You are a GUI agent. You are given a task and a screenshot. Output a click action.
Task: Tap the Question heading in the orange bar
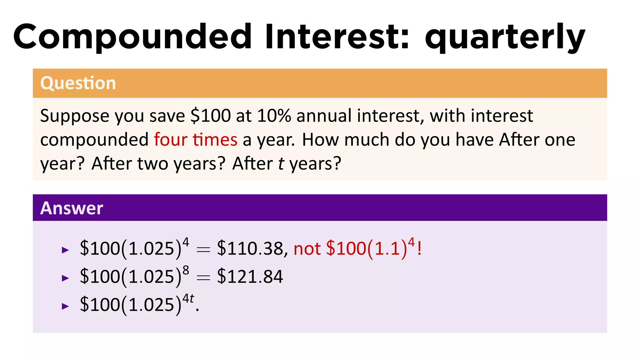tap(78, 83)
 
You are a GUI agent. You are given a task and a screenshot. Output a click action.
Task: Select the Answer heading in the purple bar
tap(72, 208)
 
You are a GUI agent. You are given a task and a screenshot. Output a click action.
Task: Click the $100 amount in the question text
tap(211, 116)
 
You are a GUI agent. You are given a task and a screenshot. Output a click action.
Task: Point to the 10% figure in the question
tap(274, 116)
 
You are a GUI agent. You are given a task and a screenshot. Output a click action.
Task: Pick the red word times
tap(215, 139)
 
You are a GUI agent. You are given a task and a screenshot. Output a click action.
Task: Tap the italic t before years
tap(281, 163)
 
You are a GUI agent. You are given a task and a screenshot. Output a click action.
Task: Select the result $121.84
tap(250, 277)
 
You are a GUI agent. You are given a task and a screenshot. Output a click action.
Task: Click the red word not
tap(307, 249)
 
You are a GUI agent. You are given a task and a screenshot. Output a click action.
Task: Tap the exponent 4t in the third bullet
tap(188, 298)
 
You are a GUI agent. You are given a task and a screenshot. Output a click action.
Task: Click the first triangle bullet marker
tap(65, 250)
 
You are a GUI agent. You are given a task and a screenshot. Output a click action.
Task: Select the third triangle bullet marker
tap(65, 306)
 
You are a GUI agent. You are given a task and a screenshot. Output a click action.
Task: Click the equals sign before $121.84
tap(203, 277)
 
